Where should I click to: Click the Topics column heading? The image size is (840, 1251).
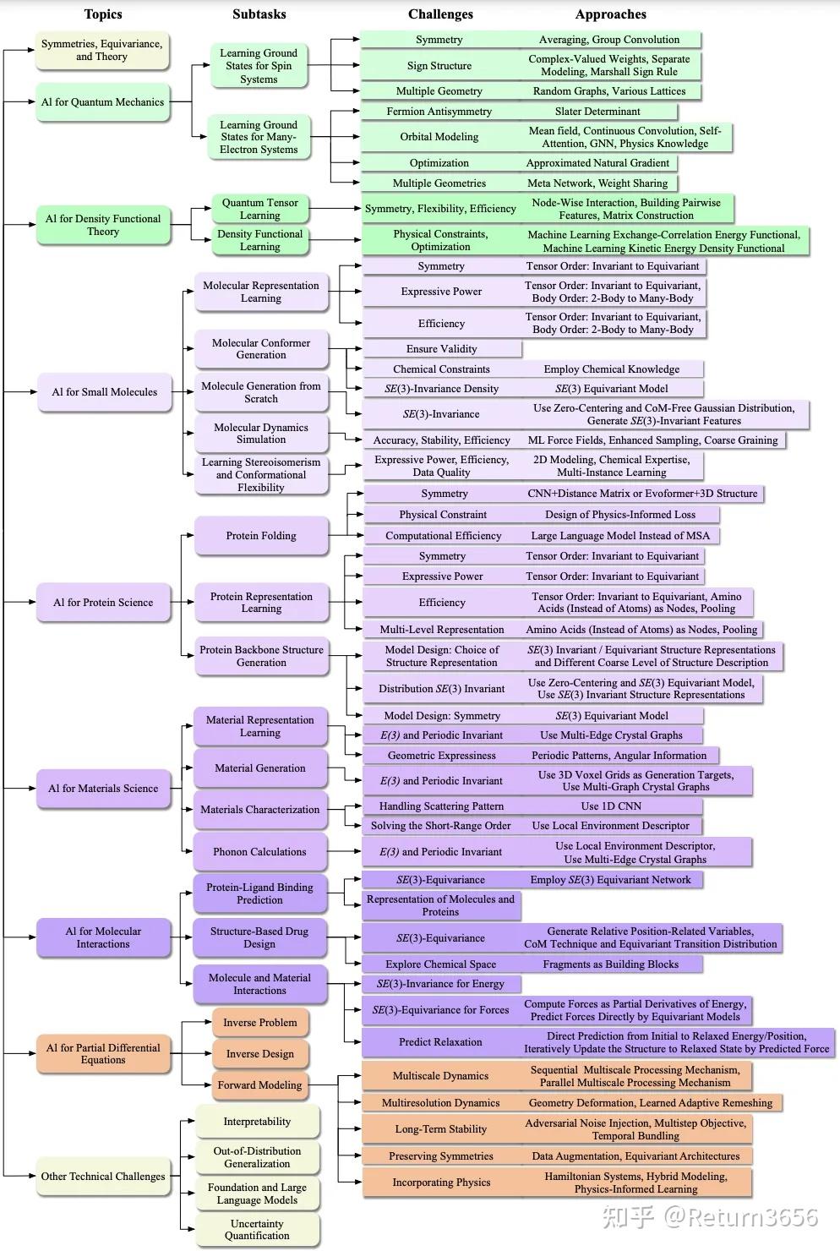click(x=103, y=14)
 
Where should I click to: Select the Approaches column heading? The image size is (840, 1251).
click(x=610, y=14)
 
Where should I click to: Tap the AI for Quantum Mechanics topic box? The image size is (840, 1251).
click(x=102, y=102)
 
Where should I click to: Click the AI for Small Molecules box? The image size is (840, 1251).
click(x=104, y=392)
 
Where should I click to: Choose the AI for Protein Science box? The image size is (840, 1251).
click(x=103, y=603)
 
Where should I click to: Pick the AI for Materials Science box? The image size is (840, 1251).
click(x=103, y=789)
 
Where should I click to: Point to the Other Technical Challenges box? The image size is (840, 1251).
click(x=103, y=1177)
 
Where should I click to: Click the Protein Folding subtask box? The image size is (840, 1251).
click(x=261, y=536)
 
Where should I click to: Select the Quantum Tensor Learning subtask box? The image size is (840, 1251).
click(x=259, y=209)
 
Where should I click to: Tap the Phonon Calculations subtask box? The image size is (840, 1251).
click(x=259, y=852)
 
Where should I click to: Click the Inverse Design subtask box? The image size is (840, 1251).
click(x=259, y=1054)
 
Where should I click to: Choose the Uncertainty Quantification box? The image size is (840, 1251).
click(x=257, y=1230)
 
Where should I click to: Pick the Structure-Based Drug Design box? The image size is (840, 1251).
click(x=259, y=937)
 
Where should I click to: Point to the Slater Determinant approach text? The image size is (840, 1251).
click(x=597, y=112)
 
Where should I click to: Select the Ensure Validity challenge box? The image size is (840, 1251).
click(x=441, y=349)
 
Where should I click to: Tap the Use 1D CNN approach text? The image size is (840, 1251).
click(x=611, y=806)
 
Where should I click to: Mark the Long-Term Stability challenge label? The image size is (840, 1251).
click(x=440, y=1129)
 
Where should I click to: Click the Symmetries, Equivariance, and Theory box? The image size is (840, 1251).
click(x=101, y=51)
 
